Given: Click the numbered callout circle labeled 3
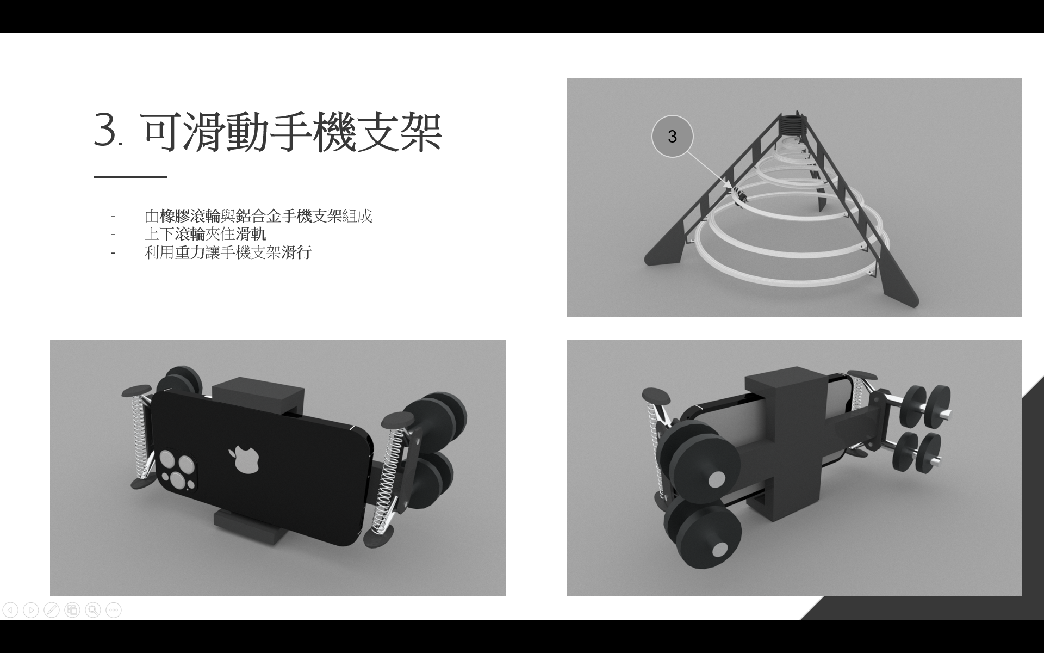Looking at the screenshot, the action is pos(672,137).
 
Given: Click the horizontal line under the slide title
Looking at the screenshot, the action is pos(130,177).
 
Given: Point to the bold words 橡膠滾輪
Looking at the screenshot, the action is pos(190,216).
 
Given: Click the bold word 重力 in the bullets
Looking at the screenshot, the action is pos(190,252).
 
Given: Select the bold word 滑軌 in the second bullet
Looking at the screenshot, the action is pos(251,235).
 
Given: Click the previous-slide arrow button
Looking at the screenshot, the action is pos(10,610).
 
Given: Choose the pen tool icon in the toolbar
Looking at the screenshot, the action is pos(52,610).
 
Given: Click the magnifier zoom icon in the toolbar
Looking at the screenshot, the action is pos(93,610).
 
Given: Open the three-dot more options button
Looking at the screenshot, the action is pos(114,610).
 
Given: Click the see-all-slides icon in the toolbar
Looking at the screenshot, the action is pos(72,610).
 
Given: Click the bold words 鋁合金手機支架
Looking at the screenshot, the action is pos(289,216).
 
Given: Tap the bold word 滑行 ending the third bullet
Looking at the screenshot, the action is pos(296,252).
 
